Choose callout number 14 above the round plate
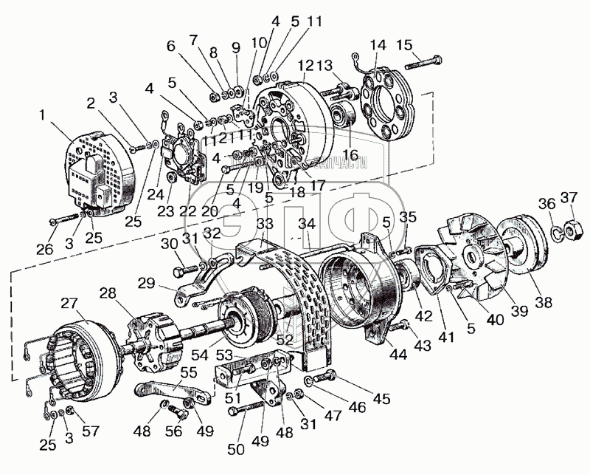click(378, 45)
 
